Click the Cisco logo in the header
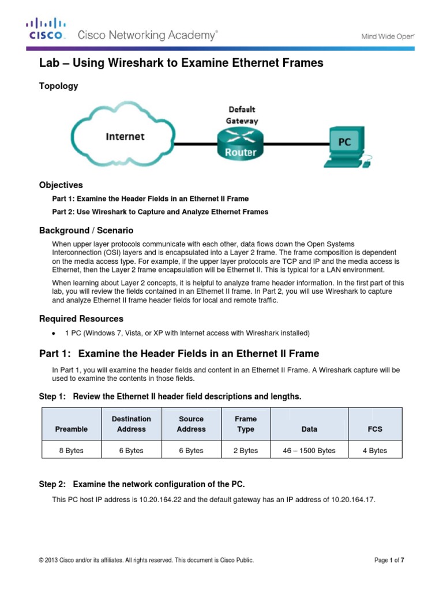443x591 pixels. tap(47, 29)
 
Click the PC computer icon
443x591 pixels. tap(346, 144)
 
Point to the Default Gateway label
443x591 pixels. tap(242, 115)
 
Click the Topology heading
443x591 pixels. tap(58, 86)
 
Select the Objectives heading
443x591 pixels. tap(61, 185)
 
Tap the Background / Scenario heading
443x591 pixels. tap(86, 230)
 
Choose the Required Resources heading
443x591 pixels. tap(81, 319)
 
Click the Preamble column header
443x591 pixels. tap(72, 429)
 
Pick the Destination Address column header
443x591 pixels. tap(132, 424)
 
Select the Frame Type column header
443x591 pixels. tap(246, 424)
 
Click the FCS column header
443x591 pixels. tap(375, 429)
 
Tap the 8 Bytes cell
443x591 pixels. tap(72, 451)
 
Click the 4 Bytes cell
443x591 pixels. tap(375, 451)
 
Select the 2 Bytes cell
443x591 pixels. tap(246, 451)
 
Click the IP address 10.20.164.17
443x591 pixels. tap(352, 499)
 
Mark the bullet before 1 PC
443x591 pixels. tap(54, 333)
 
